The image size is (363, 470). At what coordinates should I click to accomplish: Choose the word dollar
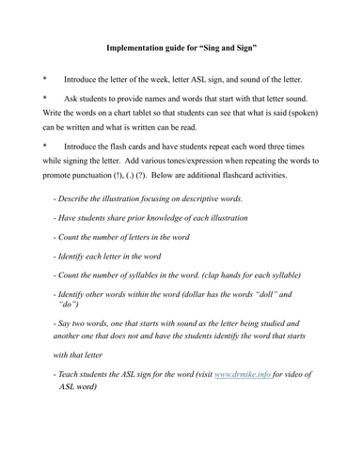[x=196, y=293]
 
